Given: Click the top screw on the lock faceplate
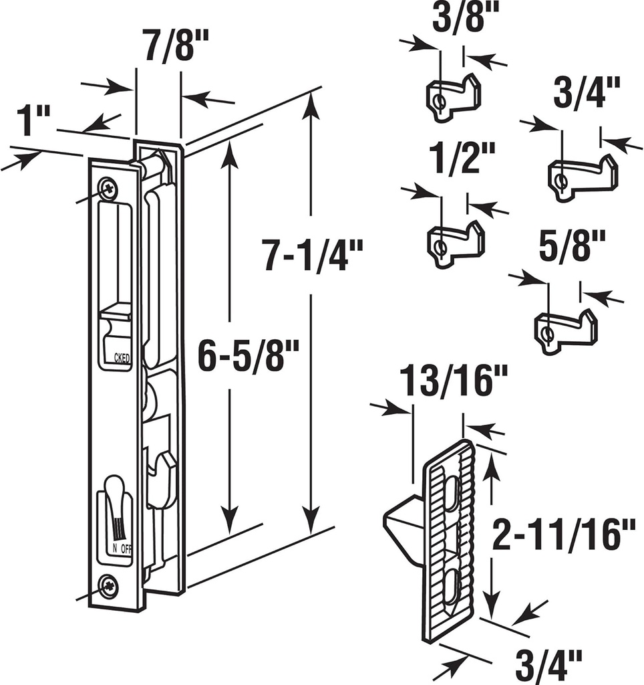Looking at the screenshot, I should coord(106,188).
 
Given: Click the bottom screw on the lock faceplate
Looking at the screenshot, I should coord(108,587).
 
